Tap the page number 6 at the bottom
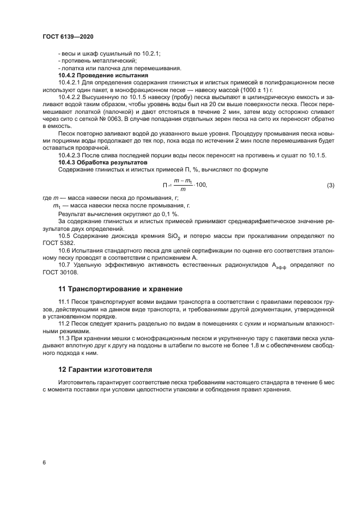(44, 462)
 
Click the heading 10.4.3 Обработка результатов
(102, 162)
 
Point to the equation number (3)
(331, 185)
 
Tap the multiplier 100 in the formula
(202, 185)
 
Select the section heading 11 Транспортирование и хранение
(120, 289)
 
